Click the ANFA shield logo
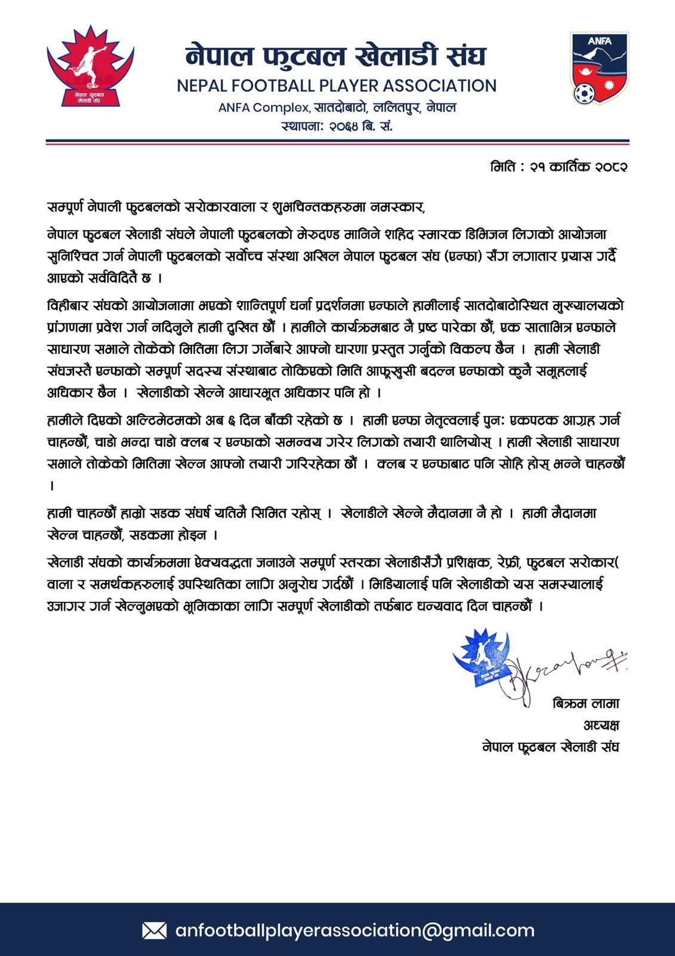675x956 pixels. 599,68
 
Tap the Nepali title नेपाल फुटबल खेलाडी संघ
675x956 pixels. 336,57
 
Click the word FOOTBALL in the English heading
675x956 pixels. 276,86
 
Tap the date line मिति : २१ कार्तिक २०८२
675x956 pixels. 559,167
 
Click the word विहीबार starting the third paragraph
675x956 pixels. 67,305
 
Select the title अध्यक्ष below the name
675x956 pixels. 601,725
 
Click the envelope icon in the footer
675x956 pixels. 154,930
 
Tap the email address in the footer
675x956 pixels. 355,930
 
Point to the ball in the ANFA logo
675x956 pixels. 584,93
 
